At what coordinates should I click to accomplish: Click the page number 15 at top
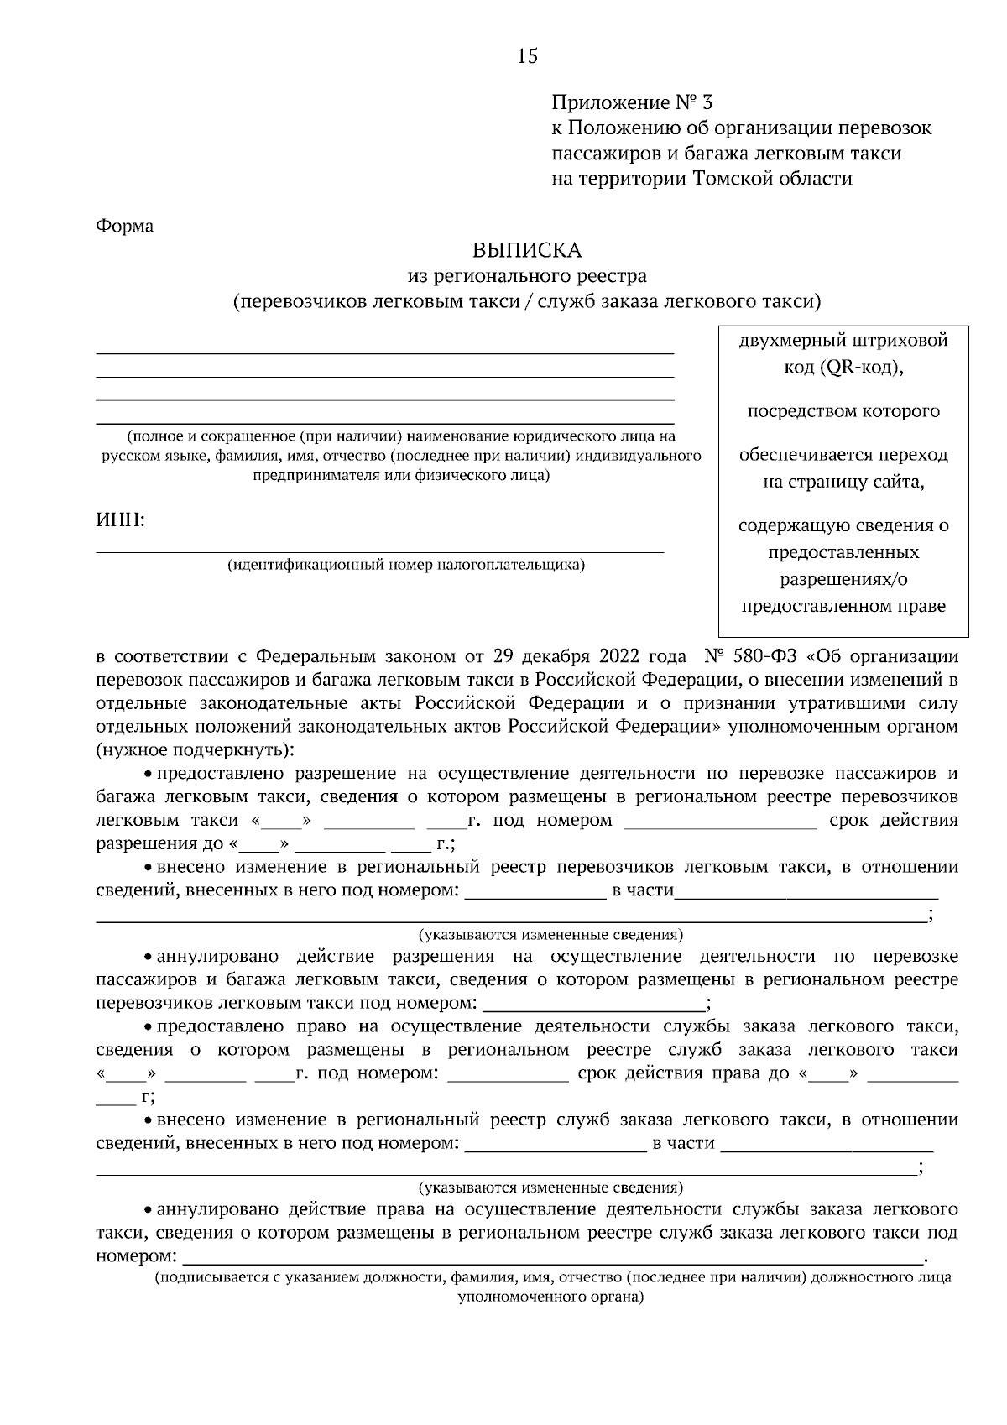click(x=527, y=56)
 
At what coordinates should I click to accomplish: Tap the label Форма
click(x=125, y=227)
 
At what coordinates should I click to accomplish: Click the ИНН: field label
click(x=121, y=520)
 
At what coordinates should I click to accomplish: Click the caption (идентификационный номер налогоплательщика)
click(x=406, y=565)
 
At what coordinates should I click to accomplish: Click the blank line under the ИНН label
click(x=379, y=551)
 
